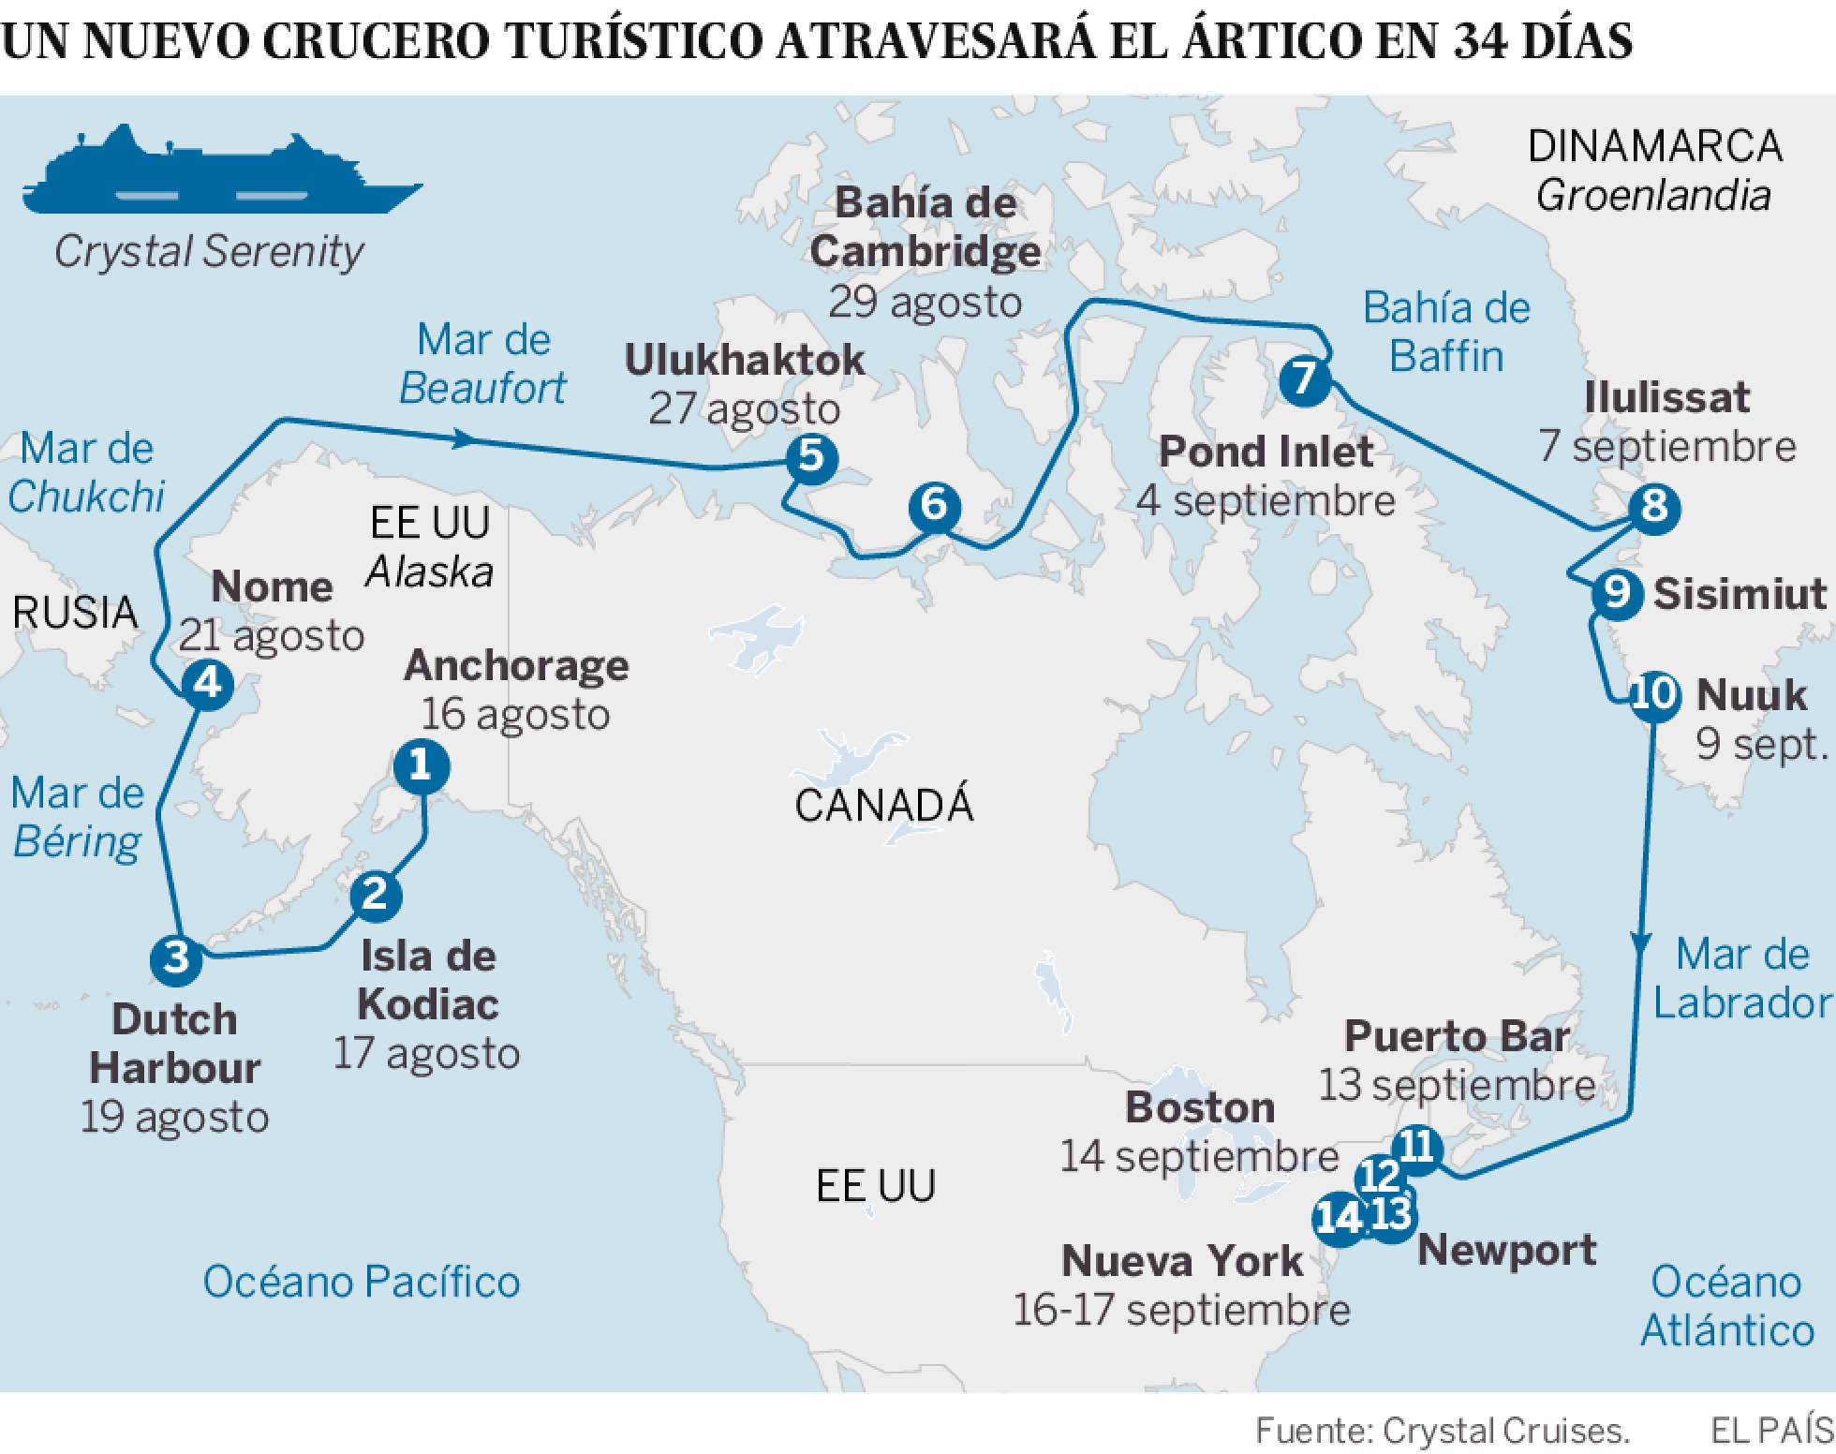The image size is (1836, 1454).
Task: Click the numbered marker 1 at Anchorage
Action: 421,766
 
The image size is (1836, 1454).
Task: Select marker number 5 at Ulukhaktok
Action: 811,458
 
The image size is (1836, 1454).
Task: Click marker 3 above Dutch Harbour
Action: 176,958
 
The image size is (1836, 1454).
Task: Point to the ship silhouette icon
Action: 221,172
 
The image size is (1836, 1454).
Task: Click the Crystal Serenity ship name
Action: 209,251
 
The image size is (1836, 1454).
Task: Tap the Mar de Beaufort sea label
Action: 483,363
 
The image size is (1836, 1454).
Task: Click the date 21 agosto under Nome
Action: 272,636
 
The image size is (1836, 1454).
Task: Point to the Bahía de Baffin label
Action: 1446,333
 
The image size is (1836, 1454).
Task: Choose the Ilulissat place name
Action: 1666,397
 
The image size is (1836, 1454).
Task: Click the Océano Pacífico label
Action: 362,1282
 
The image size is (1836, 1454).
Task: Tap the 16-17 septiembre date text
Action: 1181,1310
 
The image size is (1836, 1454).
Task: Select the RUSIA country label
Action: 75,613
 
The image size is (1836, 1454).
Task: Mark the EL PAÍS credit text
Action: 1771,1431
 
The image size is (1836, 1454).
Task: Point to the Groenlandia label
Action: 1653,196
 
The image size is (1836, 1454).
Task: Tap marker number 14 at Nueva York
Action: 1339,1219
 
